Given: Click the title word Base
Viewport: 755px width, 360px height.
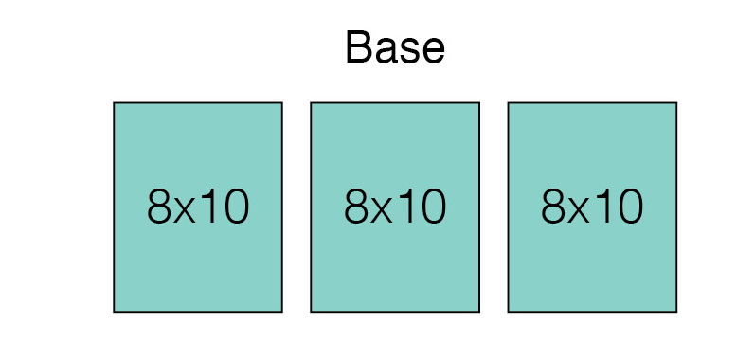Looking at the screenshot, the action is click(x=395, y=47).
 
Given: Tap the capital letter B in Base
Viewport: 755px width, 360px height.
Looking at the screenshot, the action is click(x=358, y=47).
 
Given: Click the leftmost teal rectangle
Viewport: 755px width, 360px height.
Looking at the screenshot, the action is click(x=198, y=207).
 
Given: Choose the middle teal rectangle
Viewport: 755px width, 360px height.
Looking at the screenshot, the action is click(x=395, y=207).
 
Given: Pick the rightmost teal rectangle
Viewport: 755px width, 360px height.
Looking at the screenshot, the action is click(x=592, y=207).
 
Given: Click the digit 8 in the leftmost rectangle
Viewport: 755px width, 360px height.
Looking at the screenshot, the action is click(x=159, y=207).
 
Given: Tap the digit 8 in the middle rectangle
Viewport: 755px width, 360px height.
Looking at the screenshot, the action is click(x=356, y=207).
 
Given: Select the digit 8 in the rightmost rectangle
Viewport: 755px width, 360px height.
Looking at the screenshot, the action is click(x=553, y=207).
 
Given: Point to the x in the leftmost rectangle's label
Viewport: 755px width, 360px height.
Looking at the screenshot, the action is click(x=185, y=211).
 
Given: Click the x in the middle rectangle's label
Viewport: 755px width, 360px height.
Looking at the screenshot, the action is click(x=382, y=211).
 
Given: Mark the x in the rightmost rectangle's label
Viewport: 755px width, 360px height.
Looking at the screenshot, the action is click(x=579, y=211).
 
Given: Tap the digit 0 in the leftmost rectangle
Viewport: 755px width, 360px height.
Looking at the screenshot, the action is click(x=237, y=207).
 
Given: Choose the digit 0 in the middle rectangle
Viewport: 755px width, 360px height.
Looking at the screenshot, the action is click(x=433, y=207).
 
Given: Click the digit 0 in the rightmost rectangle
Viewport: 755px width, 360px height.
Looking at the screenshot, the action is click(x=630, y=207).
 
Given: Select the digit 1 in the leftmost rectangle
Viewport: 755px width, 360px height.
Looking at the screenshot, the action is click(x=209, y=207).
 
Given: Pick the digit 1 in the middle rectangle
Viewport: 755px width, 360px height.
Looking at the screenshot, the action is click(x=406, y=207).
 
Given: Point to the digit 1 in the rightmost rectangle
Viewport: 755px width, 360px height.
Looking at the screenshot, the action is click(x=603, y=207).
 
